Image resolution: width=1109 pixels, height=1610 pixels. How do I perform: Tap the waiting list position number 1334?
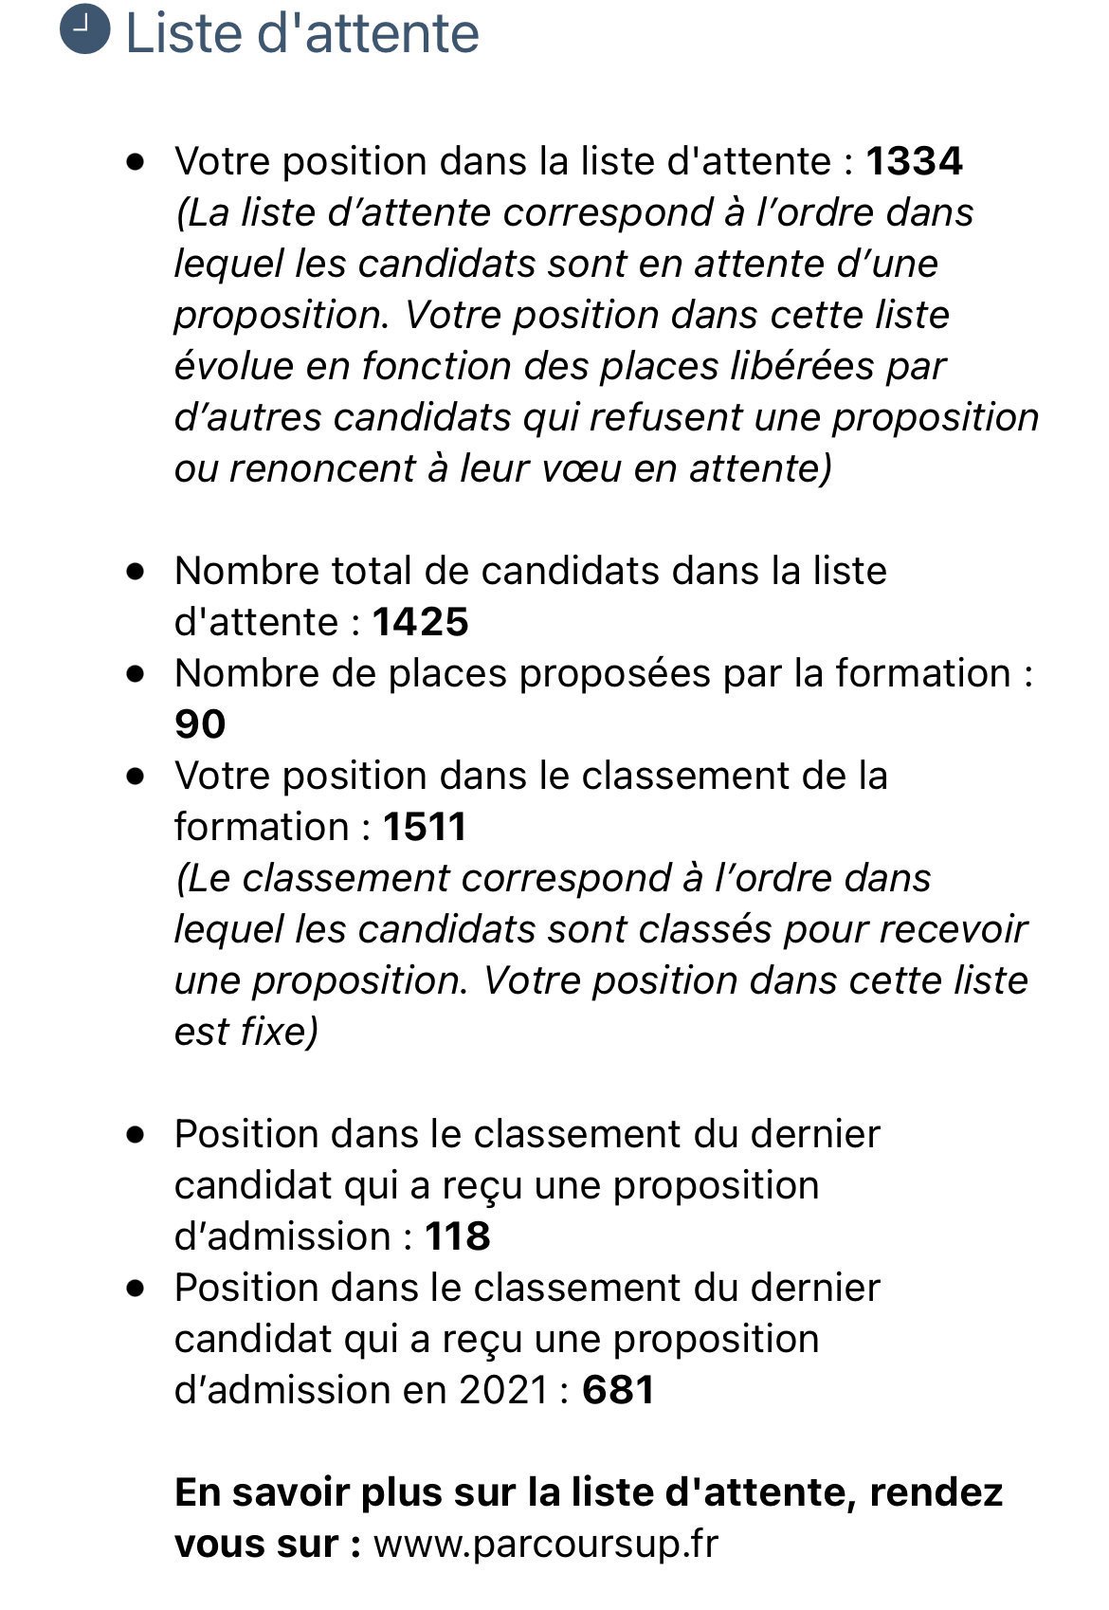pos(914,161)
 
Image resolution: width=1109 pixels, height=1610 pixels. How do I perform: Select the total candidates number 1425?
pos(421,622)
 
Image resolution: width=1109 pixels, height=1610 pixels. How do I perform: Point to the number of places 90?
pos(200,724)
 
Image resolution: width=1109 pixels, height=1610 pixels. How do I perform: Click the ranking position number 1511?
pos(425,827)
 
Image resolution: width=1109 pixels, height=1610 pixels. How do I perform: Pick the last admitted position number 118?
pos(457,1236)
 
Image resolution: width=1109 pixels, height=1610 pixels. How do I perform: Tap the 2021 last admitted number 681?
pos(618,1390)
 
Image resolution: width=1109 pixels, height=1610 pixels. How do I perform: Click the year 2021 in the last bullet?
pos(504,1390)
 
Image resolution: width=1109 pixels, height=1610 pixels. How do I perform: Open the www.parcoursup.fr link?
pos(546,1544)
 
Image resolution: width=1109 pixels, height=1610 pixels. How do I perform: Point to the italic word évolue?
pos(228,366)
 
